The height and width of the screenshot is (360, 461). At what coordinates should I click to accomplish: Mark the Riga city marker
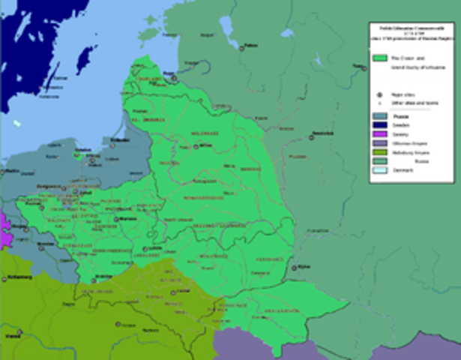174,77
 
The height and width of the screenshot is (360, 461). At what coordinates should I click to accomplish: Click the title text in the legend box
411,34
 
